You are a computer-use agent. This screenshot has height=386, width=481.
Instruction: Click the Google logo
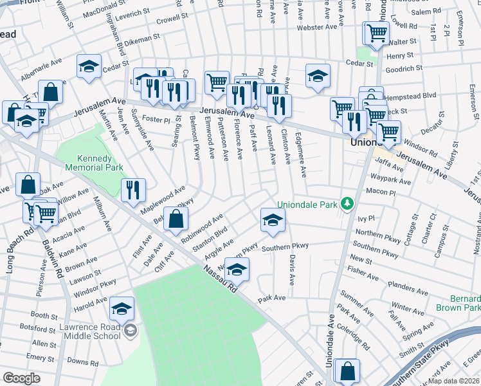(x=21, y=378)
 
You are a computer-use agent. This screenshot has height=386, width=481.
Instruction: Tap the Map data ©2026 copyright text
(x=454, y=381)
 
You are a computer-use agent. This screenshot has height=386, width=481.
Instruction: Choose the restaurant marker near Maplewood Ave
(x=133, y=188)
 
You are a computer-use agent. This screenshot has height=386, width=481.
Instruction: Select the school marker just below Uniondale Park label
(x=273, y=219)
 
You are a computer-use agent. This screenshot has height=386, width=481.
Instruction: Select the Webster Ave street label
(x=317, y=27)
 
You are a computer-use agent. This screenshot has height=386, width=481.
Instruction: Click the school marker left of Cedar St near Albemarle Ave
(x=89, y=65)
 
